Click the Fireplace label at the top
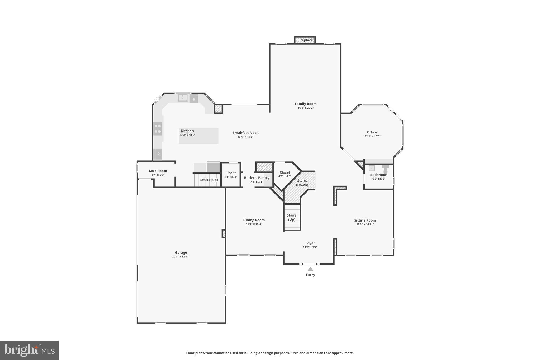tap(305, 40)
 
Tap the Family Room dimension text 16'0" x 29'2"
tap(306, 108)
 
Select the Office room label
tap(372, 132)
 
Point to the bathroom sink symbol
tap(372, 168)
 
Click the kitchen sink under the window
tap(182, 98)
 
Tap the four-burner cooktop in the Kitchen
tap(158, 129)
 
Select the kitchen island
tap(199, 136)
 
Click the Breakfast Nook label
tap(245, 133)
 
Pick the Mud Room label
tap(158, 171)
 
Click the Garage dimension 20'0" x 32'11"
tap(181, 257)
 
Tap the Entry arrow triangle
tap(310, 269)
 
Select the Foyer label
tap(310, 243)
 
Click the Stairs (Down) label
tap(302, 183)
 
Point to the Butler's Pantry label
tap(257, 178)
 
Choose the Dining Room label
tap(254, 220)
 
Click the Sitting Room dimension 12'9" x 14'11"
tap(365, 224)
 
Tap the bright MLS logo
tap(29, 350)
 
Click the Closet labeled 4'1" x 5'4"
tap(230, 175)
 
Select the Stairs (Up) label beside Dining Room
tap(292, 217)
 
